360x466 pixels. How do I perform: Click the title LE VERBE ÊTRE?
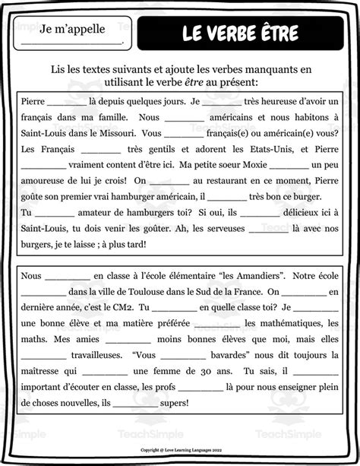coord(240,33)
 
